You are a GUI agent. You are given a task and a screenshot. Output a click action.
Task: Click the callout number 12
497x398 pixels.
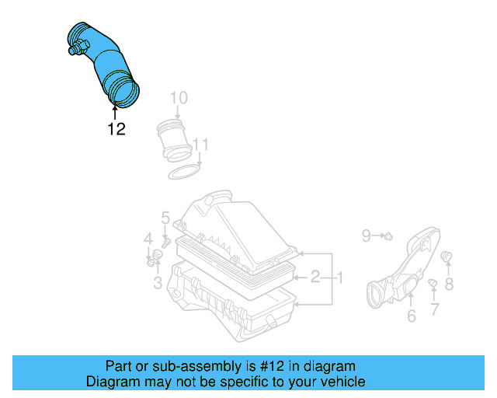[x=116, y=129]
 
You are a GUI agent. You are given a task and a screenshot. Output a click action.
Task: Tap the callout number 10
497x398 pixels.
[x=179, y=98]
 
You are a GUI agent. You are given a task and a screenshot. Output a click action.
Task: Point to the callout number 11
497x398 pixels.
[x=200, y=145]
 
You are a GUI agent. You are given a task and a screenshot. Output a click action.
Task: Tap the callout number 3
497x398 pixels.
[x=158, y=284]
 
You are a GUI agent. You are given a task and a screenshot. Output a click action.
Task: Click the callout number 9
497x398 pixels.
[x=367, y=233]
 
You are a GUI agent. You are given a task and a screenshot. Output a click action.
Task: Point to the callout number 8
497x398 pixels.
[x=449, y=285]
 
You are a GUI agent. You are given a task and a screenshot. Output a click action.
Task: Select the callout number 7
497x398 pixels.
[x=434, y=309]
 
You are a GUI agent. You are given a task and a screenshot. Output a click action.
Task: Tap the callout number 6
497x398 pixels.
[x=412, y=315]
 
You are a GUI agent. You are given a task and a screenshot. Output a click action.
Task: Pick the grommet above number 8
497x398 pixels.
[x=447, y=257]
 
